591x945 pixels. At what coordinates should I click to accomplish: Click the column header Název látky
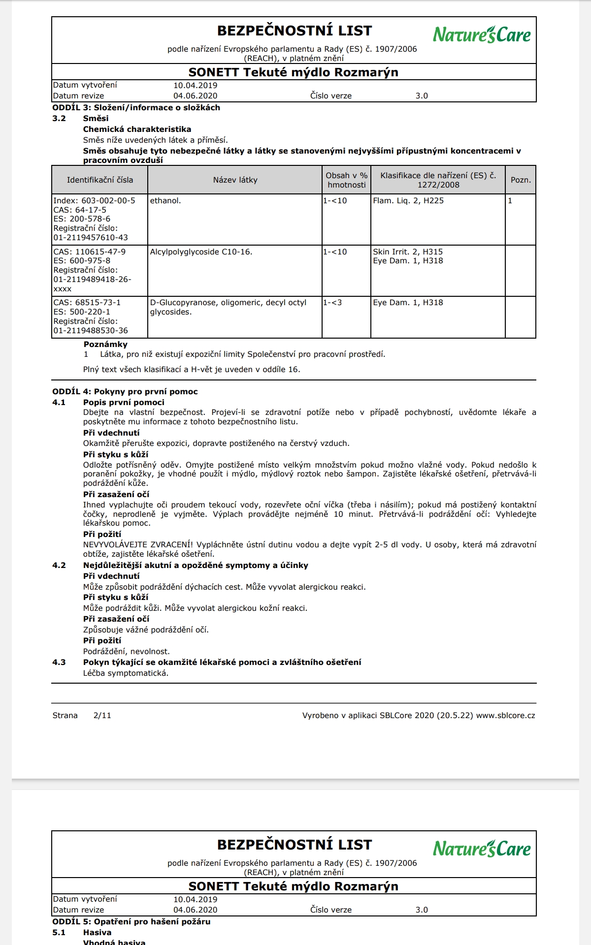235,180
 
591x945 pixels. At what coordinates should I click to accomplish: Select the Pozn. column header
521,180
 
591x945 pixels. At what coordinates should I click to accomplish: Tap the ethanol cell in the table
165,201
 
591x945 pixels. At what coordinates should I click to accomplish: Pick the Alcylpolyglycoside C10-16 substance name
201,252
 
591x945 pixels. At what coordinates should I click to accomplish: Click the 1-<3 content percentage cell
332,303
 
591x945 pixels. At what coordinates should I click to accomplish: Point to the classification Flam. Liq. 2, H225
408,201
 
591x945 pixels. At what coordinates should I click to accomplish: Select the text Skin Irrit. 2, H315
408,252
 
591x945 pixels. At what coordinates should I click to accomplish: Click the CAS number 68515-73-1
87,303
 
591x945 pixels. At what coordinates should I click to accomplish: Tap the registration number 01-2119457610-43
91,238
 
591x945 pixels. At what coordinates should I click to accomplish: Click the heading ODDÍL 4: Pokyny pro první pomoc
125,392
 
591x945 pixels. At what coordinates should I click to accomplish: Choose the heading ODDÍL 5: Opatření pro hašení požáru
131,921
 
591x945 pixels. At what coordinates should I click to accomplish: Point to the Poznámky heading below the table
105,345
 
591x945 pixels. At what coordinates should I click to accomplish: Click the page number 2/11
102,716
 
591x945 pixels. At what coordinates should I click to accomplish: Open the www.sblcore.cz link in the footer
505,716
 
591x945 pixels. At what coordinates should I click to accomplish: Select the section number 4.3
59,662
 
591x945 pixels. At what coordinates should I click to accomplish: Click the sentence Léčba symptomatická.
126,673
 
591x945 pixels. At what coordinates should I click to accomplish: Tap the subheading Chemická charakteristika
137,129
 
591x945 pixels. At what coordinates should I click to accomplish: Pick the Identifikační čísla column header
100,180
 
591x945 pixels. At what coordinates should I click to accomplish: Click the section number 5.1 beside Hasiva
59,932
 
